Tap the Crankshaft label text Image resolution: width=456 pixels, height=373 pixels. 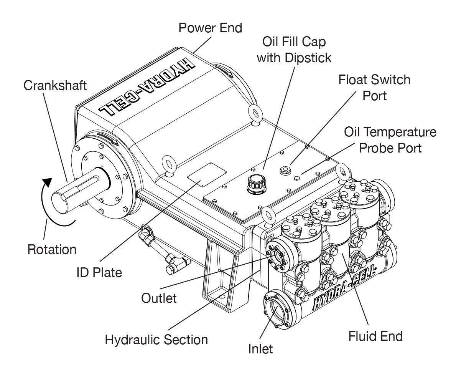coord(55,86)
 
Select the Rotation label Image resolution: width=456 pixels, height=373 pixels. coord(52,249)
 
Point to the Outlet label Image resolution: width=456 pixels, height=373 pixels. coord(159,298)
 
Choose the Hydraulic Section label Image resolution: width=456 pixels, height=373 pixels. coord(156,340)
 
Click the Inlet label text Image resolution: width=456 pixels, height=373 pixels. coord(260,349)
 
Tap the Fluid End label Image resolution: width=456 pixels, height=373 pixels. coord(375,337)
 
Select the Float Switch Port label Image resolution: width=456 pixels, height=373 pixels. coord(374,87)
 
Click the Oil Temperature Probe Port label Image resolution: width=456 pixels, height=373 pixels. coord(390,139)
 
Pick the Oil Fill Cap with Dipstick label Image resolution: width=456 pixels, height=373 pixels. coord(294,50)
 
